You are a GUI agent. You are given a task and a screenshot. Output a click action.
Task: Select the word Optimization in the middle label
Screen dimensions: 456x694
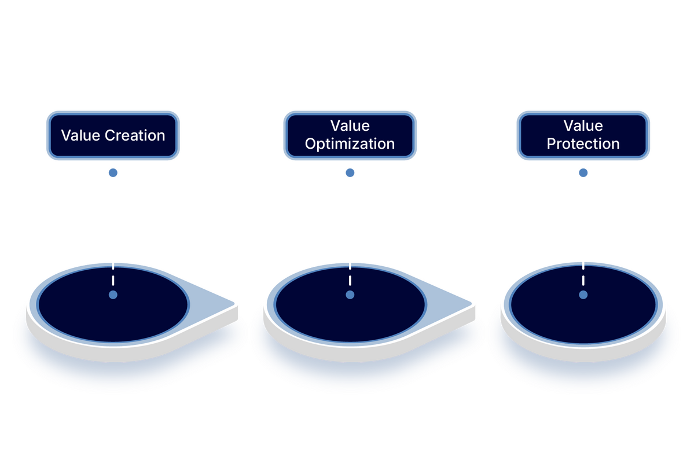350,144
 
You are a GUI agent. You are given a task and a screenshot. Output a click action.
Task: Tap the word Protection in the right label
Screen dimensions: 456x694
583,144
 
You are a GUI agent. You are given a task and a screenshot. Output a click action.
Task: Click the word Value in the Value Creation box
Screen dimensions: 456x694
80,135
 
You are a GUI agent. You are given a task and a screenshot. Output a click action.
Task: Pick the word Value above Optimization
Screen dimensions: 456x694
350,126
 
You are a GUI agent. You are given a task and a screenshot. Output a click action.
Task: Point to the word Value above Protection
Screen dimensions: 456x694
583,126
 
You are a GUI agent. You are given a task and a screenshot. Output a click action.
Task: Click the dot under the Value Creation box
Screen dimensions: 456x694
113,172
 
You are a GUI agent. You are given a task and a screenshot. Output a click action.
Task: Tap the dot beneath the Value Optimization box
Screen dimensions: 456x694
350,172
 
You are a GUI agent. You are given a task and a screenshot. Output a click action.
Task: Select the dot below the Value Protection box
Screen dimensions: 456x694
583,172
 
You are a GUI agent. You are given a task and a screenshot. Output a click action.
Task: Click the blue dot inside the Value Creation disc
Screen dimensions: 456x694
113,295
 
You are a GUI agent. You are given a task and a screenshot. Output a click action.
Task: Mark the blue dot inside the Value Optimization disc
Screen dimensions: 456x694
350,295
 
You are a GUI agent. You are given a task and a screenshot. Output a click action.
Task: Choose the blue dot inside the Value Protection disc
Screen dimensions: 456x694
583,295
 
